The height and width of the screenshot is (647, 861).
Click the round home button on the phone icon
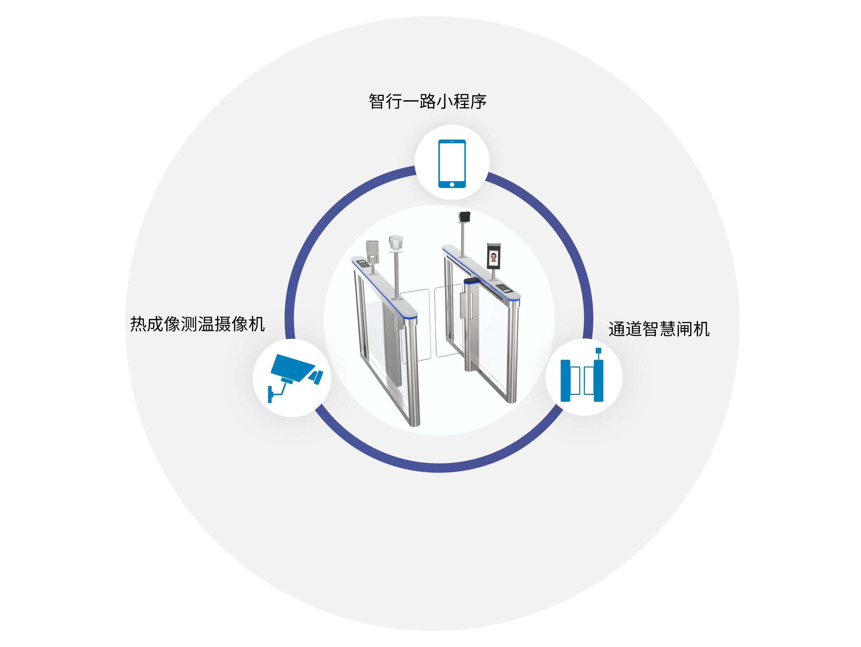tap(452, 184)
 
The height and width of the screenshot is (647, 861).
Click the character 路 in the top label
tap(428, 101)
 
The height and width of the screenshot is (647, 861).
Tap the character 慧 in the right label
tap(668, 329)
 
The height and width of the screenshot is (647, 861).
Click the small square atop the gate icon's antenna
tap(598, 350)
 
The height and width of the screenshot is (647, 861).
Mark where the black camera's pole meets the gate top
tap(463, 256)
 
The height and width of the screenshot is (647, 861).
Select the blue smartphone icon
tap(452, 164)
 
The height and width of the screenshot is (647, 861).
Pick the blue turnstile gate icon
tap(582, 375)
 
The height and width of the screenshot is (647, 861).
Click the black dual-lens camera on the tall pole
tap(464, 216)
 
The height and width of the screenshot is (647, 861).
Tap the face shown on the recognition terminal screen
tap(494, 257)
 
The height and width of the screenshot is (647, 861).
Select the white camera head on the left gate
tap(396, 243)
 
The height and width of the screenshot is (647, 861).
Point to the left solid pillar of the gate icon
tap(565, 381)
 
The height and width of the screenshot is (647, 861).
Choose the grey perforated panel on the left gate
tap(372, 251)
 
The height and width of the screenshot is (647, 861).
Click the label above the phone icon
tap(428, 101)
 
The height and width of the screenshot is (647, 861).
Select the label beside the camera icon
tap(197, 324)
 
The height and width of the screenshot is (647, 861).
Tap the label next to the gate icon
tap(659, 329)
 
